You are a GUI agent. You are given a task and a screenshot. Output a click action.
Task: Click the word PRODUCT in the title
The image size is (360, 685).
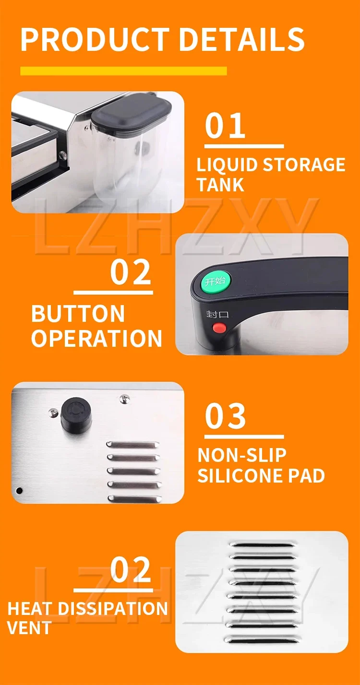(95, 39)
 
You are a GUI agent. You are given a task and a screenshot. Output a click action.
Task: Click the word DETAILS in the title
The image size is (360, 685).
(241, 39)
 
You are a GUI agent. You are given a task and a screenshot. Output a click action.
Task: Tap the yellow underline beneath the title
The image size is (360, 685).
(123, 71)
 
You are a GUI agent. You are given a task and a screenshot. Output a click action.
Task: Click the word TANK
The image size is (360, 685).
(220, 184)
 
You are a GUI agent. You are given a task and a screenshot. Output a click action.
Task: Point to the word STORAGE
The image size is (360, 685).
(304, 165)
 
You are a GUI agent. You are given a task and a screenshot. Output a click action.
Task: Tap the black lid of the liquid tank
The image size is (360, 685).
(131, 113)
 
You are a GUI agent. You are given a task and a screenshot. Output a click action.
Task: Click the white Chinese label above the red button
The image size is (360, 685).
(217, 314)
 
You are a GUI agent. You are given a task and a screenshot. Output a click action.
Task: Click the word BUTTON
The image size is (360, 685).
(78, 314)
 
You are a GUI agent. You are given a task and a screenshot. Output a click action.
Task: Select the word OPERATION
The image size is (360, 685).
(97, 338)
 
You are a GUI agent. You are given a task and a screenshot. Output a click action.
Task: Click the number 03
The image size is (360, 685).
(225, 416)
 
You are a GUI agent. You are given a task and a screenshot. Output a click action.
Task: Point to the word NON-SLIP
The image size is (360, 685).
(242, 455)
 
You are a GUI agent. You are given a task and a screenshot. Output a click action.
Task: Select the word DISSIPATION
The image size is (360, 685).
(113, 608)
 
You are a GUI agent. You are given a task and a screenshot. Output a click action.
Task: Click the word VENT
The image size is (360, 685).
(29, 628)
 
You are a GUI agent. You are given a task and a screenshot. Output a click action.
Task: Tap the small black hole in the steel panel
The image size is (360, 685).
(19, 491)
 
